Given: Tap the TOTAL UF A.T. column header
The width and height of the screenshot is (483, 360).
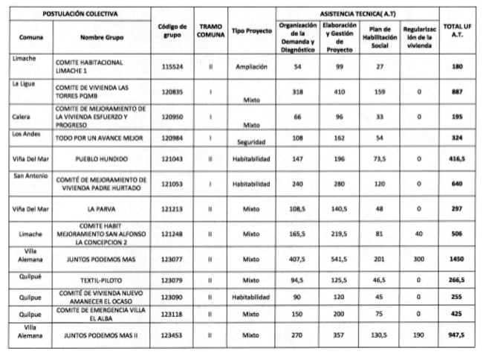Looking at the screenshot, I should click(x=456, y=30).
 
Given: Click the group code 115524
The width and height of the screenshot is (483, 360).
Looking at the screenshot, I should click(x=172, y=66).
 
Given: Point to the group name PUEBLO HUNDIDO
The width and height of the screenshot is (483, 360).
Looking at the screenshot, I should click(x=104, y=159).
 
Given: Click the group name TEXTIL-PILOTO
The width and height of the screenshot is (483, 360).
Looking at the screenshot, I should click(x=104, y=280).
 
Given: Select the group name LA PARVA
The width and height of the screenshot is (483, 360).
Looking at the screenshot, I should click(x=104, y=209).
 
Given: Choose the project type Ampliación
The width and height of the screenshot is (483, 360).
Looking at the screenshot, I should click(x=252, y=66).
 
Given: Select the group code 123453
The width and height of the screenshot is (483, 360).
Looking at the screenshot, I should click(x=172, y=335).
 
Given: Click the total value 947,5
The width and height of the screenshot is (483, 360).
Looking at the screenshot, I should click(x=456, y=335).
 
